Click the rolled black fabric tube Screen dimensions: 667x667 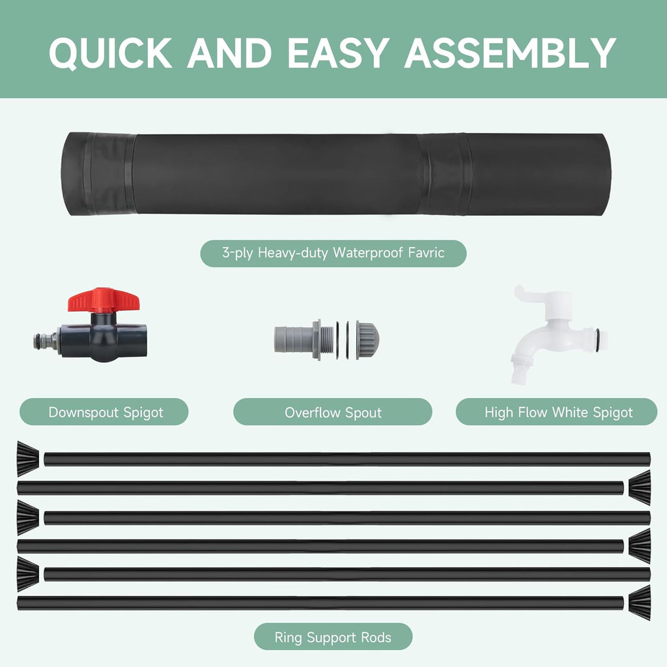(x=333, y=174)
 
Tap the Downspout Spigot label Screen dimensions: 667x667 (x=106, y=412)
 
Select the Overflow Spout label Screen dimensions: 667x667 (x=333, y=412)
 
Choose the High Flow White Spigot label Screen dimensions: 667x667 (x=558, y=412)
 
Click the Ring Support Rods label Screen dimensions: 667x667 (x=333, y=637)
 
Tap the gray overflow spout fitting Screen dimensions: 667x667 (x=326, y=339)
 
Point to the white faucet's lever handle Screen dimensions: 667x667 (x=534, y=296)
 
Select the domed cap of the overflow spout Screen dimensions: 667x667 (x=369, y=339)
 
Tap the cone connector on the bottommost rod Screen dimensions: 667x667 (x=640, y=601)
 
